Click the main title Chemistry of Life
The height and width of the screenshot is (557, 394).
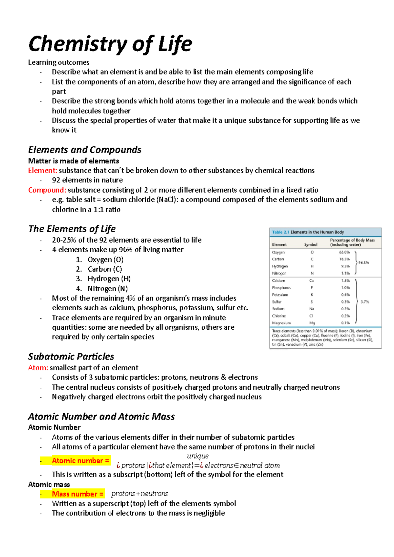110,44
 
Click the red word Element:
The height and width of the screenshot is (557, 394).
43,171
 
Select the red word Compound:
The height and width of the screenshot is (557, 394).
47,190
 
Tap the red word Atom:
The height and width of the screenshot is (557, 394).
38,368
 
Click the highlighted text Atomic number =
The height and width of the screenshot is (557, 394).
80,461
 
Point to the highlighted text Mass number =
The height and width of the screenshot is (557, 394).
77,494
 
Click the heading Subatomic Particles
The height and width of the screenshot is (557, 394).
71,357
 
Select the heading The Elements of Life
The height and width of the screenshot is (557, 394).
72,229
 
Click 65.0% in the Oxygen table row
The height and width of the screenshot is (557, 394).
344,252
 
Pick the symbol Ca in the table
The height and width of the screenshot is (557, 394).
312,281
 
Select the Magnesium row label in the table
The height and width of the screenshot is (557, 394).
281,323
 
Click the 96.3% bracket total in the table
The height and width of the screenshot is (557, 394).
363,263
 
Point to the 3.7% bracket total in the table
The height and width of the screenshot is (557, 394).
365,302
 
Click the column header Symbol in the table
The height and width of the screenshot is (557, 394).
311,245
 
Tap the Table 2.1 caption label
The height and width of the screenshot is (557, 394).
280,232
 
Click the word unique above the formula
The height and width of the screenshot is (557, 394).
198,456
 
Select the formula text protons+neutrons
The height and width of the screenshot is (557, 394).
140,494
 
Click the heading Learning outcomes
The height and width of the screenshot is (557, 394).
59,62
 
